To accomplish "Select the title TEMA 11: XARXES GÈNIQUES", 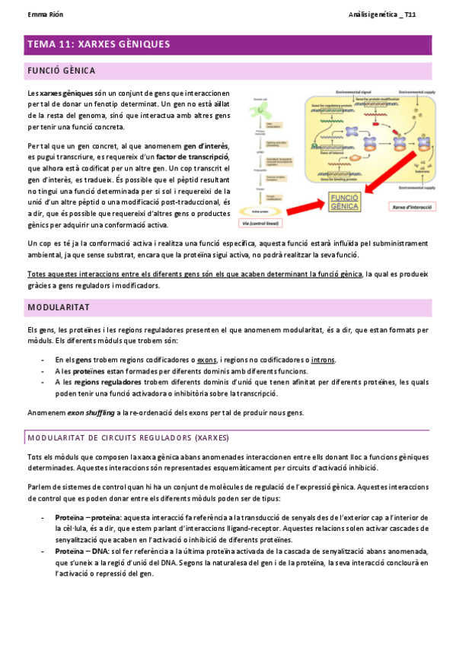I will pos(98,45).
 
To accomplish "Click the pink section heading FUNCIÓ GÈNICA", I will pos(61,71).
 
